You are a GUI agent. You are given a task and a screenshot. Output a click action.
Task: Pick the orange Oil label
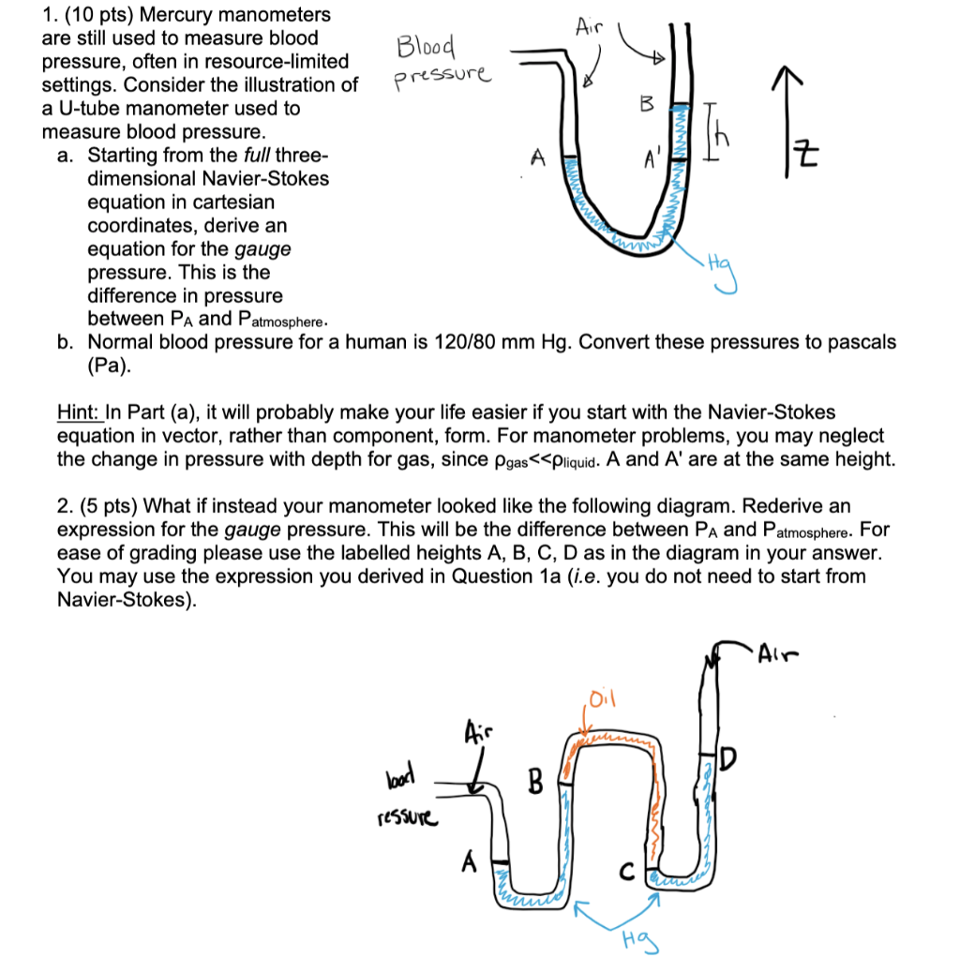pyautogui.click(x=600, y=698)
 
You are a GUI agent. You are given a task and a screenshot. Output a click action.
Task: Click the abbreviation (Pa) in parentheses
pyautogui.click(x=108, y=366)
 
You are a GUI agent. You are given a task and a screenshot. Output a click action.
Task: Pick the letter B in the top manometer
pyautogui.click(x=645, y=104)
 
